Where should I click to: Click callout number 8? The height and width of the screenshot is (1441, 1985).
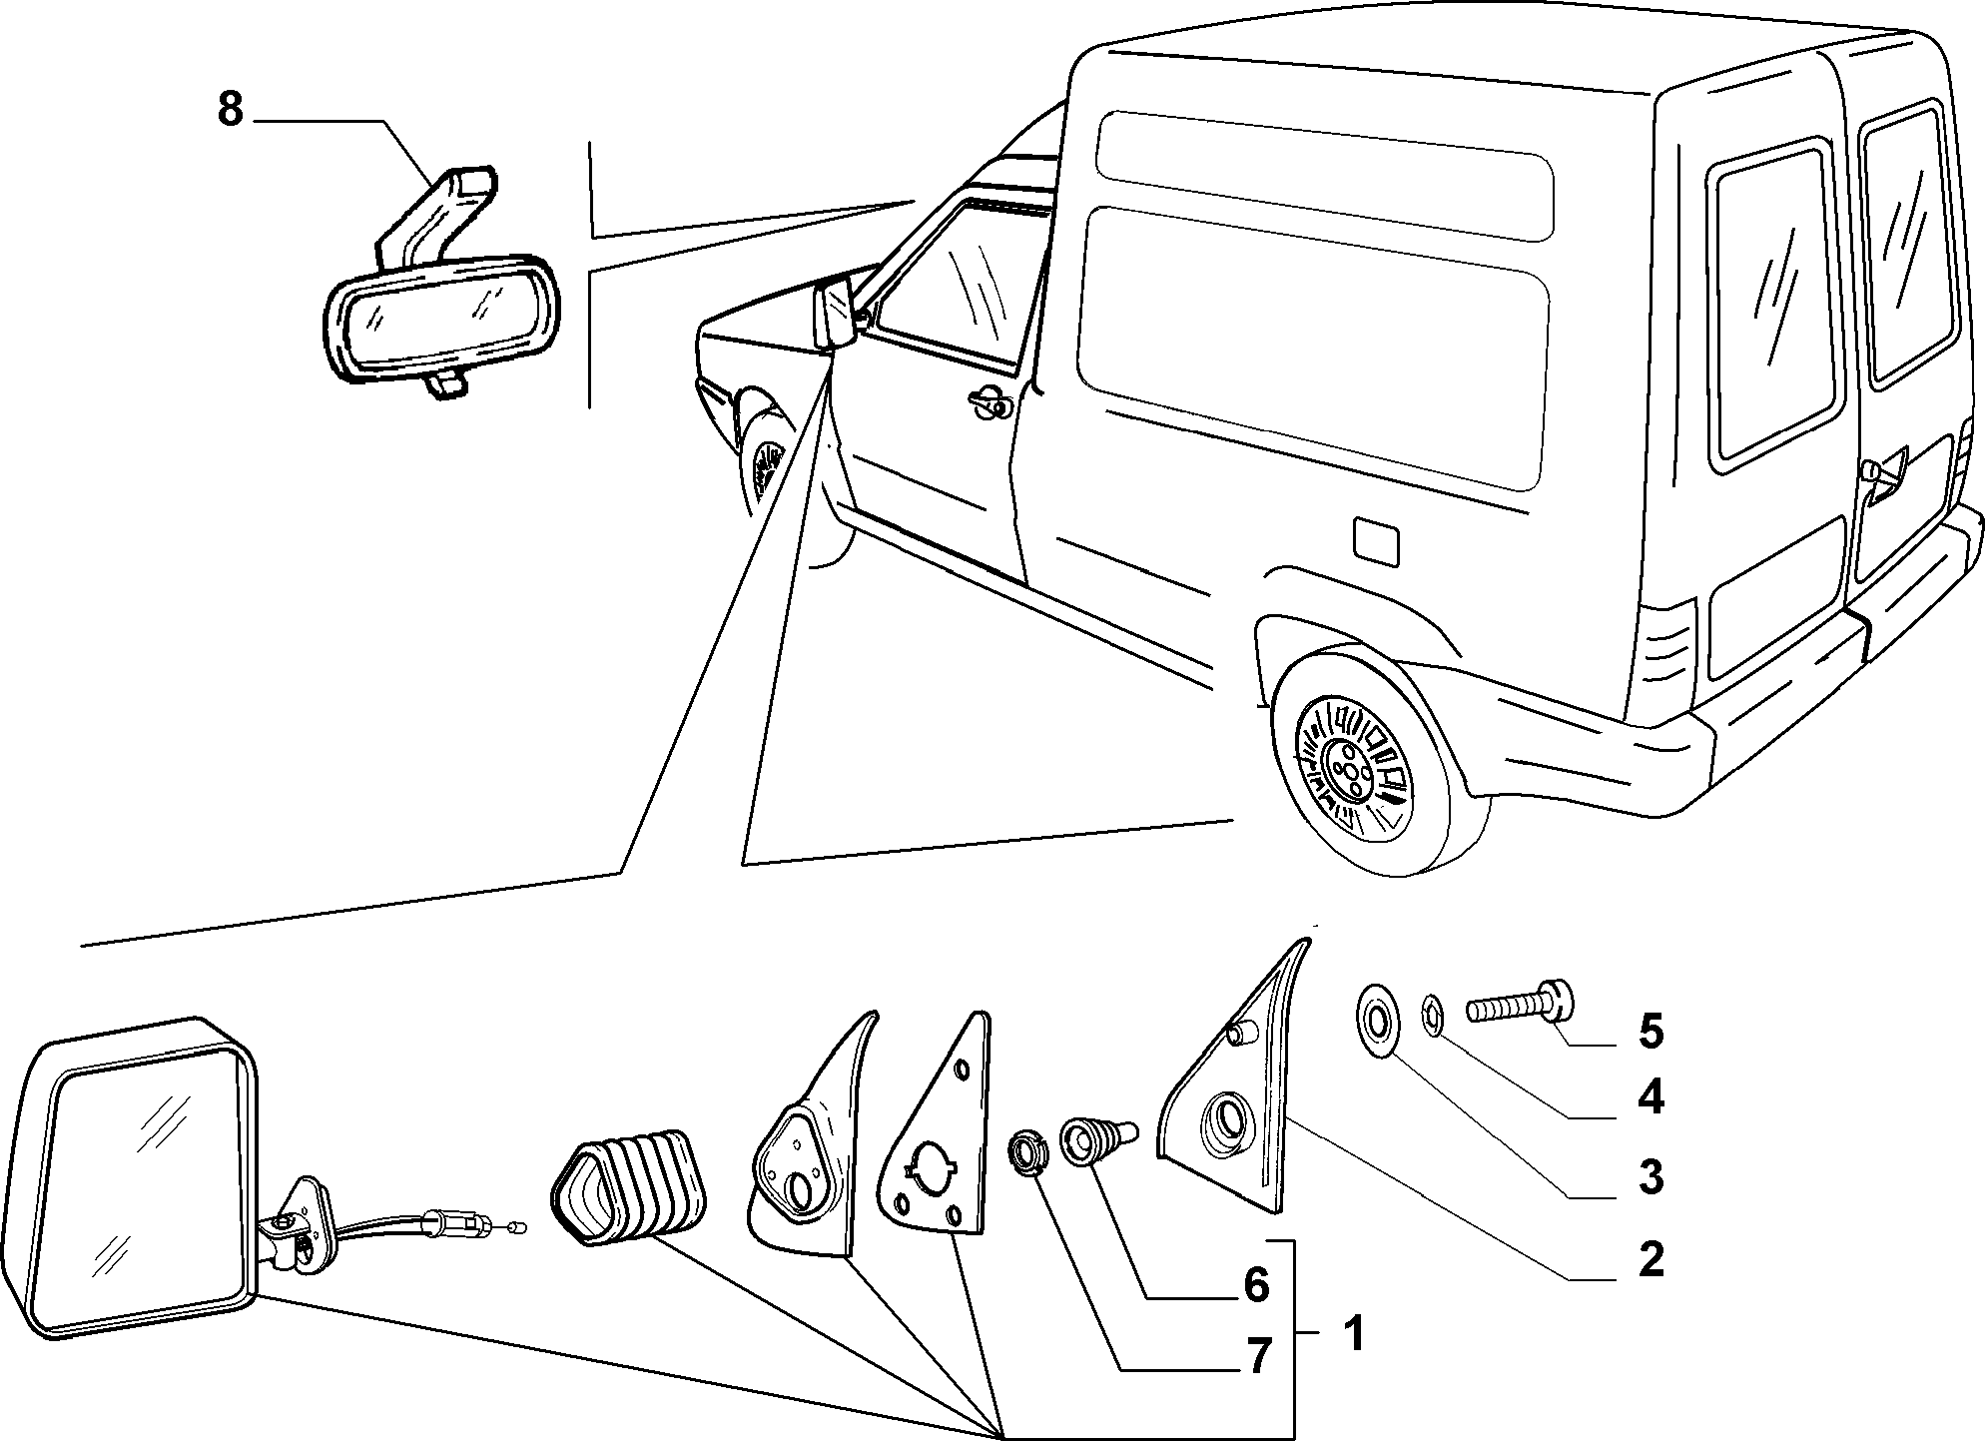[230, 110]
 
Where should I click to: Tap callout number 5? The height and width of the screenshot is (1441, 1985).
[1651, 1032]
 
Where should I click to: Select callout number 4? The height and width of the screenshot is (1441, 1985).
[1651, 1098]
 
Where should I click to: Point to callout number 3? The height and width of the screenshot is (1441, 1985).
[1651, 1178]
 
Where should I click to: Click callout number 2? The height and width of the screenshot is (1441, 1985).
[1651, 1260]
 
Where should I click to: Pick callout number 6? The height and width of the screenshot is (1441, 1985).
[1256, 1284]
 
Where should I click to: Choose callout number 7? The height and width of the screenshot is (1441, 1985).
[1257, 1356]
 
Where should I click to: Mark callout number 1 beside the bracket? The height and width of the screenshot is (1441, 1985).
[1353, 1333]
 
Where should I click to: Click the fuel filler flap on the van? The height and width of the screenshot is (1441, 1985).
[1375, 541]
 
